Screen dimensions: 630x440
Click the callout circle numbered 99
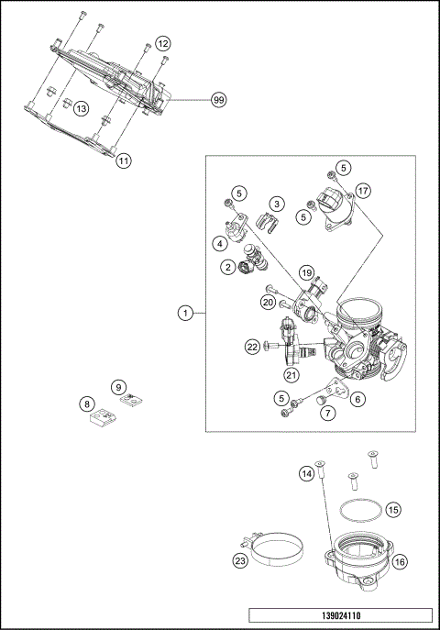click(218, 99)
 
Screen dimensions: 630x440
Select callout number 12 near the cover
click(162, 43)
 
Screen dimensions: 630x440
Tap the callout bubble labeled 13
click(82, 108)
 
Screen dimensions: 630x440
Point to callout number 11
click(124, 160)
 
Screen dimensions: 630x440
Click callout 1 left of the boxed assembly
click(185, 312)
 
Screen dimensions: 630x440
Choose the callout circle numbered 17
click(363, 191)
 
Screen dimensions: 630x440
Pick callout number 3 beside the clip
click(275, 202)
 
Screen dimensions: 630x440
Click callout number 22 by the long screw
click(252, 346)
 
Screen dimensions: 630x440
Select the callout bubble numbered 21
click(291, 374)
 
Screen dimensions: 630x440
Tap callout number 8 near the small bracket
click(87, 403)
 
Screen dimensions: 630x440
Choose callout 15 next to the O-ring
click(392, 508)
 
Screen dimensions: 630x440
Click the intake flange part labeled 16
click(361, 561)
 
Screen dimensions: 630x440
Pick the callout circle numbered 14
click(307, 473)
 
